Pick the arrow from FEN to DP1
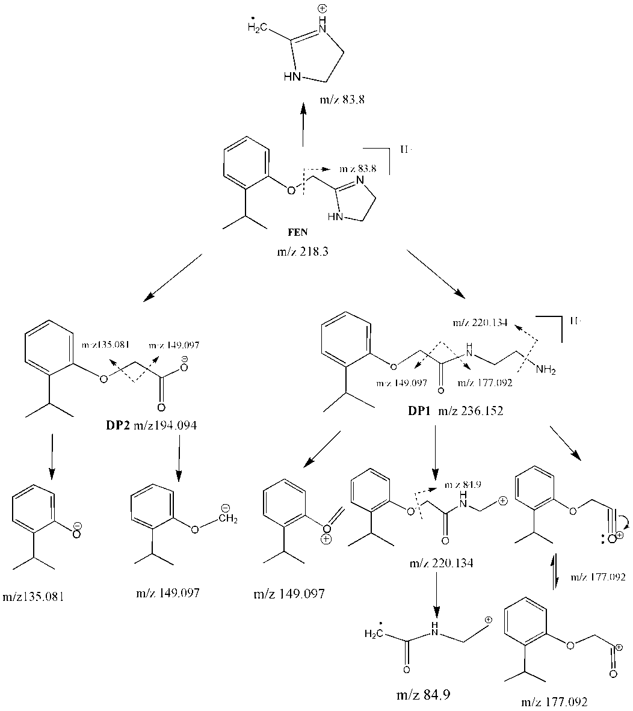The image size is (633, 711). (x=437, y=273)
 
